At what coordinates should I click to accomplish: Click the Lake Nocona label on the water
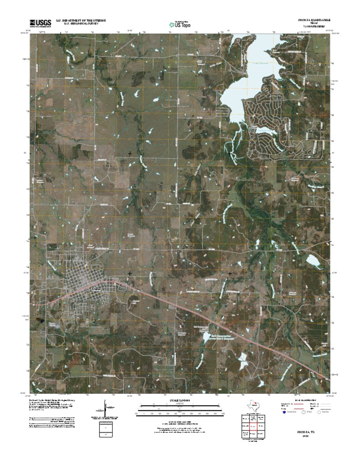point(253,64)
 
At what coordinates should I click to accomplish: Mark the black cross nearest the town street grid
point(130,273)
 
